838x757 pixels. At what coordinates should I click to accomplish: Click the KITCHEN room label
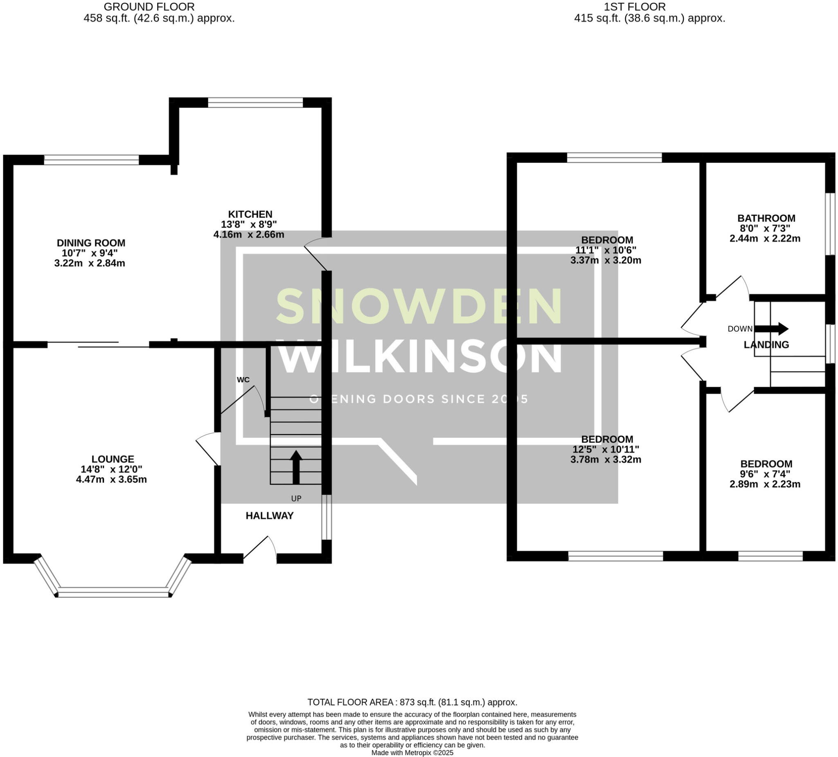coord(250,214)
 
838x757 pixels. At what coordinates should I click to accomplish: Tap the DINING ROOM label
coord(91,243)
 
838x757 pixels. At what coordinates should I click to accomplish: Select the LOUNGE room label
coord(113,459)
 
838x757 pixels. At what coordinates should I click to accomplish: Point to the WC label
coord(243,380)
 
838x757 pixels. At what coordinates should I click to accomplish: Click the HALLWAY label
coord(269,516)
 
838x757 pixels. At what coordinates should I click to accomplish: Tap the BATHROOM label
coord(766,218)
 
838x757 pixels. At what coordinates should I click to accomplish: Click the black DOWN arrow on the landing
coord(772,329)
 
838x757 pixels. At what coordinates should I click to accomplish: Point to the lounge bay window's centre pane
coord(113,593)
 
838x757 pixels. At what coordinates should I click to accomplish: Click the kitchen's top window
coord(255,102)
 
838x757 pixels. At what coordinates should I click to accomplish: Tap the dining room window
coord(91,160)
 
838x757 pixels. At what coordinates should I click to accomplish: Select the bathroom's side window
coord(830,224)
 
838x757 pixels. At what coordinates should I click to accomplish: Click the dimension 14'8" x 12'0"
coord(111,469)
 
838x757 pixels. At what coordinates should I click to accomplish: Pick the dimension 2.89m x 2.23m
coord(765,484)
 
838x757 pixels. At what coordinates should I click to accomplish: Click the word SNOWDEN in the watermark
coord(419,306)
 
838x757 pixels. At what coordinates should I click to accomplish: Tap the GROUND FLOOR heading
coord(149,7)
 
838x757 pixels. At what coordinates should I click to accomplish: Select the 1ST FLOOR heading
coord(635,7)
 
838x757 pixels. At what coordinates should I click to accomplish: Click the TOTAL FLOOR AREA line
coord(412,702)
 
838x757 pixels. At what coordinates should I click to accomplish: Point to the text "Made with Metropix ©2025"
coord(412,752)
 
